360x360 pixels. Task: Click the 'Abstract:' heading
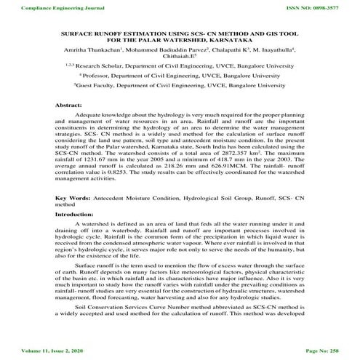coord(68,105)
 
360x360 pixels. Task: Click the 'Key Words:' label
coord(72,198)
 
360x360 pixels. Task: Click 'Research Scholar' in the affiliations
coord(100,73)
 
